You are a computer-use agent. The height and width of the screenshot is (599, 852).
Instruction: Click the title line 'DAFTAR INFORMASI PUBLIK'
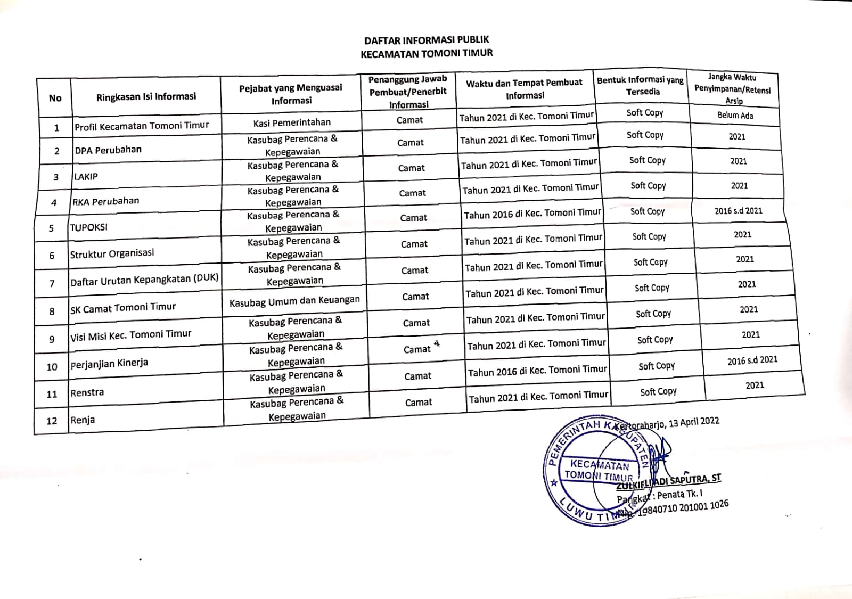426,40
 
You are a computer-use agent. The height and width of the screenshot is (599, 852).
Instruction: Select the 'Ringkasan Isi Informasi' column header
146,97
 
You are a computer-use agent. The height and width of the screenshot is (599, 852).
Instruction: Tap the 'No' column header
55,98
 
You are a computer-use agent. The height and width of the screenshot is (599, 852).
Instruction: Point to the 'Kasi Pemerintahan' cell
292,122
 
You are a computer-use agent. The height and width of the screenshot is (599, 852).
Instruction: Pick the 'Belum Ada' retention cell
735,115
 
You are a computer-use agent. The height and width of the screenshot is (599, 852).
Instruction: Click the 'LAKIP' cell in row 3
86,176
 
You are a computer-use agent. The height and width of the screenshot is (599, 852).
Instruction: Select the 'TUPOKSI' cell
89,227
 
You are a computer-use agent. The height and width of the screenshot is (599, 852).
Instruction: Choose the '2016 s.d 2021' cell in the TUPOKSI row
738,211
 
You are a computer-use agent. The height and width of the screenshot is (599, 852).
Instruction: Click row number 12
52,421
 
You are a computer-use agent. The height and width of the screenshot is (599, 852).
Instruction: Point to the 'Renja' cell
83,420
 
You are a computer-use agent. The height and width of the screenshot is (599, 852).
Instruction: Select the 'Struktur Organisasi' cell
112,254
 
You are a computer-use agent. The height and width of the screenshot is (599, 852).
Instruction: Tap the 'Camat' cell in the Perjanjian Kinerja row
417,349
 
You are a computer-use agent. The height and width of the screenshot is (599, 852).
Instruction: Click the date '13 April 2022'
694,422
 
